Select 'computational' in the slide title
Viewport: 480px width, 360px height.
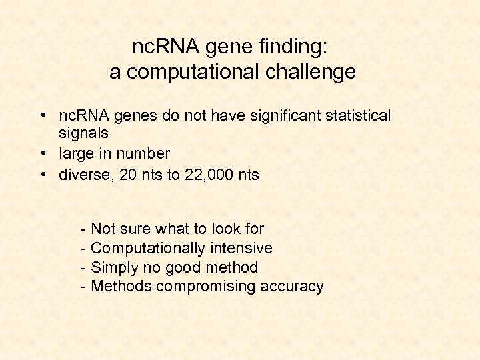click(191, 72)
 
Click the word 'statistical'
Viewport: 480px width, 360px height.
click(355, 116)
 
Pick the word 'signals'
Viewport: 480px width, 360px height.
click(83, 134)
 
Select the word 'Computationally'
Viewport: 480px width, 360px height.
click(147, 249)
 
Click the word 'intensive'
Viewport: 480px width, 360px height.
click(241, 249)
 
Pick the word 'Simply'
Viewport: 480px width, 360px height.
click(114, 268)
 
